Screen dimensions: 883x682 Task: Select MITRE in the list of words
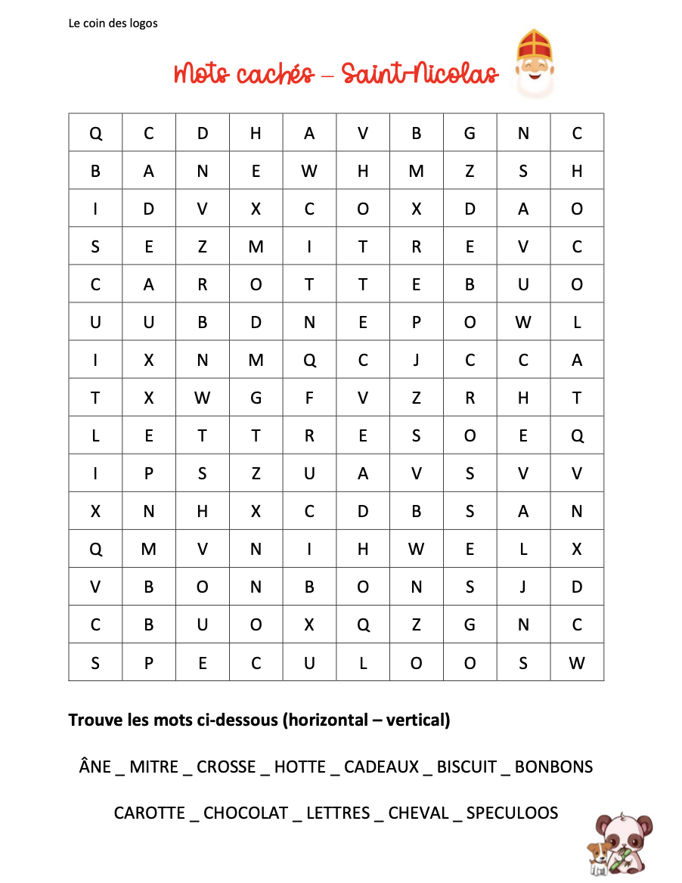154,767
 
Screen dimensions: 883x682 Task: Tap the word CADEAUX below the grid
381,767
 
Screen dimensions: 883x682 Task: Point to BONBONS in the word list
553,767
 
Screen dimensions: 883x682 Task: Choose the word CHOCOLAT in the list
246,813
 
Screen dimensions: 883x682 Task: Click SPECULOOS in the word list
512,813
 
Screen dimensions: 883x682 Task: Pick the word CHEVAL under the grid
418,813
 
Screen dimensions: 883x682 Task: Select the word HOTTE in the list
299,767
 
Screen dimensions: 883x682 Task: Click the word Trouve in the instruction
95,720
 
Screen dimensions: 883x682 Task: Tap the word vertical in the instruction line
417,720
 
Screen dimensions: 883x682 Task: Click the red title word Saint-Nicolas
420,74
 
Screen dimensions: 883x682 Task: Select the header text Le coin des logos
113,23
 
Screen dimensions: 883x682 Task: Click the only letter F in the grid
309,398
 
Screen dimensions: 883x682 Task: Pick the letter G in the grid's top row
470,134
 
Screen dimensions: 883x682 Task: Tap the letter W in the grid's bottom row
577,664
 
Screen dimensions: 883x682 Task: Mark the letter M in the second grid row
416,172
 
